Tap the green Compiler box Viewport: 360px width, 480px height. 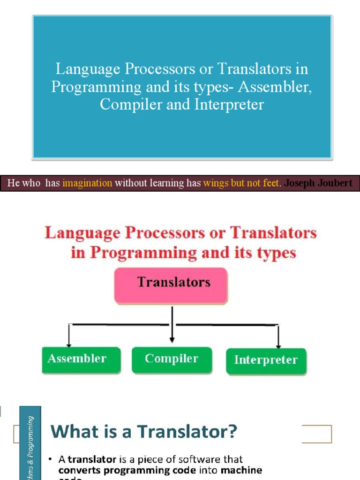[x=172, y=360]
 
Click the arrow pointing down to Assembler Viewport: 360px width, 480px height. [x=69, y=335]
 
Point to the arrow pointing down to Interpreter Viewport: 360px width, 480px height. [x=278, y=337]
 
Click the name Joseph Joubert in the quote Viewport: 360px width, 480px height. [x=318, y=183]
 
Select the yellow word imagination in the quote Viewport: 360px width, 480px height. [x=87, y=183]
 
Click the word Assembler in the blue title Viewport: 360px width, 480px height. [x=281, y=87]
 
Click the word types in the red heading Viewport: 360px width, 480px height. [x=276, y=253]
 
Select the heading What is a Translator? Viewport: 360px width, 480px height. [x=144, y=431]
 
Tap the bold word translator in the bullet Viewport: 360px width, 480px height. [x=92, y=459]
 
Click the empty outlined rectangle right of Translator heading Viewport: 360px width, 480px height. [x=316, y=434]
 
